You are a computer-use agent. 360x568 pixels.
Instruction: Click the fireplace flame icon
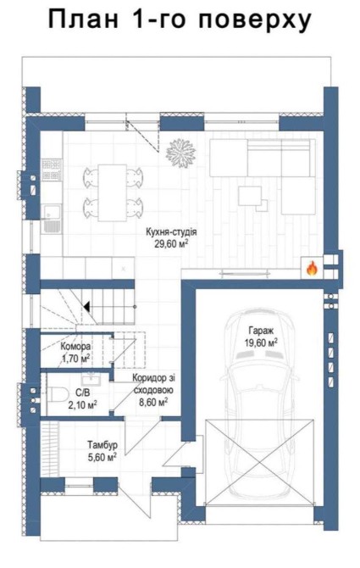coord(312,269)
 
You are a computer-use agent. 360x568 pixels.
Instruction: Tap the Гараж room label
coord(261,330)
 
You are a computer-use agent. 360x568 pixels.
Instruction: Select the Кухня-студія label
coord(171,231)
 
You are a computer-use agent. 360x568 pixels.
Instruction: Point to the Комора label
coord(75,346)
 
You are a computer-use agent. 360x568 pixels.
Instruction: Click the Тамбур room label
coord(102,444)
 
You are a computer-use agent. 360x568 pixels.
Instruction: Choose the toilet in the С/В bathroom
coord(58,394)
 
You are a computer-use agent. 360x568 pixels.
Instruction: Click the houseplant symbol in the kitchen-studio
coord(181,153)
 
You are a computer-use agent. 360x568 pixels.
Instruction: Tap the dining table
coord(112,192)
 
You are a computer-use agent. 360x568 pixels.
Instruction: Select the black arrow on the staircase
coord(87,306)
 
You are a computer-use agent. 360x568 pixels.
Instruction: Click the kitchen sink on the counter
coord(51,218)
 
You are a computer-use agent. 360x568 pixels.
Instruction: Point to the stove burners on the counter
coord(51,170)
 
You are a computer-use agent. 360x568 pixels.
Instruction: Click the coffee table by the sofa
coord(250,196)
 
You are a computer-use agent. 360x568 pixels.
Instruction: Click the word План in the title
coord(83,19)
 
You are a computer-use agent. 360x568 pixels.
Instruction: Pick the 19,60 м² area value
coord(261,342)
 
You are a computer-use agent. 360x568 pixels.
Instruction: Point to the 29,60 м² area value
coord(171,243)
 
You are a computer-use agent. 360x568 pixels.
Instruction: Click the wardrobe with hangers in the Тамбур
coord(50,448)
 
